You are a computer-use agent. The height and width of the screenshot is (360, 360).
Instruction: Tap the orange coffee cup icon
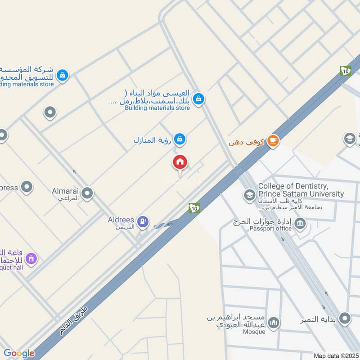pos(273,141)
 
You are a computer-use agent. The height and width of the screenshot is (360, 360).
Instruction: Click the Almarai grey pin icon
pos(87,193)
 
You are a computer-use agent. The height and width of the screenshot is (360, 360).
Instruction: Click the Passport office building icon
pos(301,222)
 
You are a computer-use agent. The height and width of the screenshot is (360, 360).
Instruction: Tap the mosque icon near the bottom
pos(273,323)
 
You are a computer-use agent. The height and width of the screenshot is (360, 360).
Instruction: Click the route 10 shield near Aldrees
pos(194,207)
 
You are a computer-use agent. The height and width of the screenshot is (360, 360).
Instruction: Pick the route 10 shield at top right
pos(346,71)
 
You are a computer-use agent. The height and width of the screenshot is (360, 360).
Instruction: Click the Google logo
pos(19,353)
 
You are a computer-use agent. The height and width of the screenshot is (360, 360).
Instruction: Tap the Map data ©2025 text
pos(335,356)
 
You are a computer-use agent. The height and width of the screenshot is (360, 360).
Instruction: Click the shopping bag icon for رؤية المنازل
pos(180,139)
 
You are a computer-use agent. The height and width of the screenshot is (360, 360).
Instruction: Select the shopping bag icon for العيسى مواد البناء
pos(198,98)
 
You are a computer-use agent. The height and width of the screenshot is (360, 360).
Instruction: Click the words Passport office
pos(270,229)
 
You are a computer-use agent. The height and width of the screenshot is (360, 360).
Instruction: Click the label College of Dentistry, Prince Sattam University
pos(301,190)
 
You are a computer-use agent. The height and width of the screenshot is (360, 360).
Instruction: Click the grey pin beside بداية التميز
pos(345,319)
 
